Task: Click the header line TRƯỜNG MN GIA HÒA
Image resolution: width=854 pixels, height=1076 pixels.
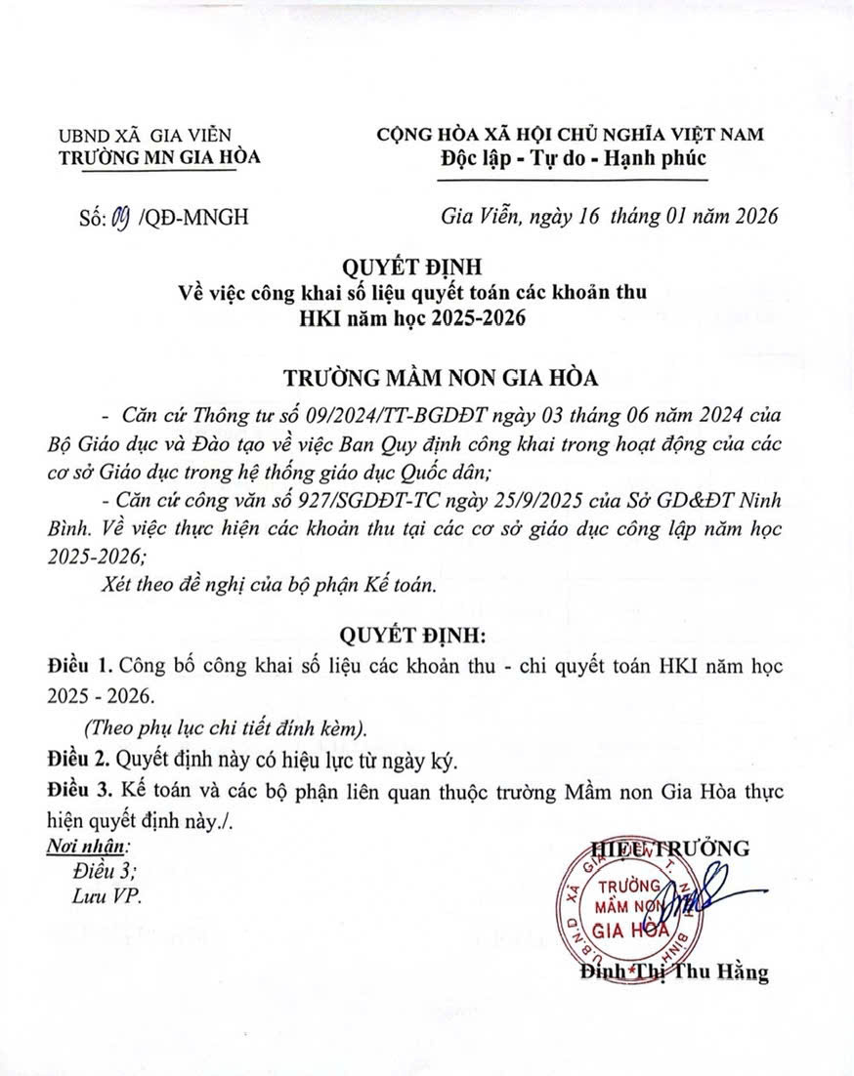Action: (x=160, y=156)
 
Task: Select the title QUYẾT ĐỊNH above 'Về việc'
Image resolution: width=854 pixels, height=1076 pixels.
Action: (x=427, y=266)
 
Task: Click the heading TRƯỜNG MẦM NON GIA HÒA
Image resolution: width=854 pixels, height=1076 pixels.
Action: (x=427, y=378)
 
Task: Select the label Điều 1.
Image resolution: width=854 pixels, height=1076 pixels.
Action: (x=78, y=666)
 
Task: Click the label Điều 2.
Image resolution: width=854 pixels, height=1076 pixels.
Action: (x=78, y=758)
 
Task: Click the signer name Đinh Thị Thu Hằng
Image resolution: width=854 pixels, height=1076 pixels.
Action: (x=673, y=973)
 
